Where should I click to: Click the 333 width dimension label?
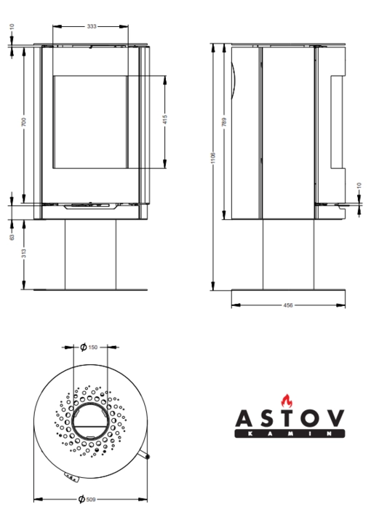click(92, 26)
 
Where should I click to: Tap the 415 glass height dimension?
click(164, 119)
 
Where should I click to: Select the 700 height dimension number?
click(23, 122)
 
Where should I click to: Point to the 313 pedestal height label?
click(23, 254)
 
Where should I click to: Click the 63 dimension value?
click(12, 237)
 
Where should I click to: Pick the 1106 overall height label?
click(213, 158)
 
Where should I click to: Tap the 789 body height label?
click(224, 122)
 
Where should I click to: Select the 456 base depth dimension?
click(288, 305)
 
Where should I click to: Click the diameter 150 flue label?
click(89, 347)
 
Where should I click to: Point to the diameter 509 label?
click(87, 499)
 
